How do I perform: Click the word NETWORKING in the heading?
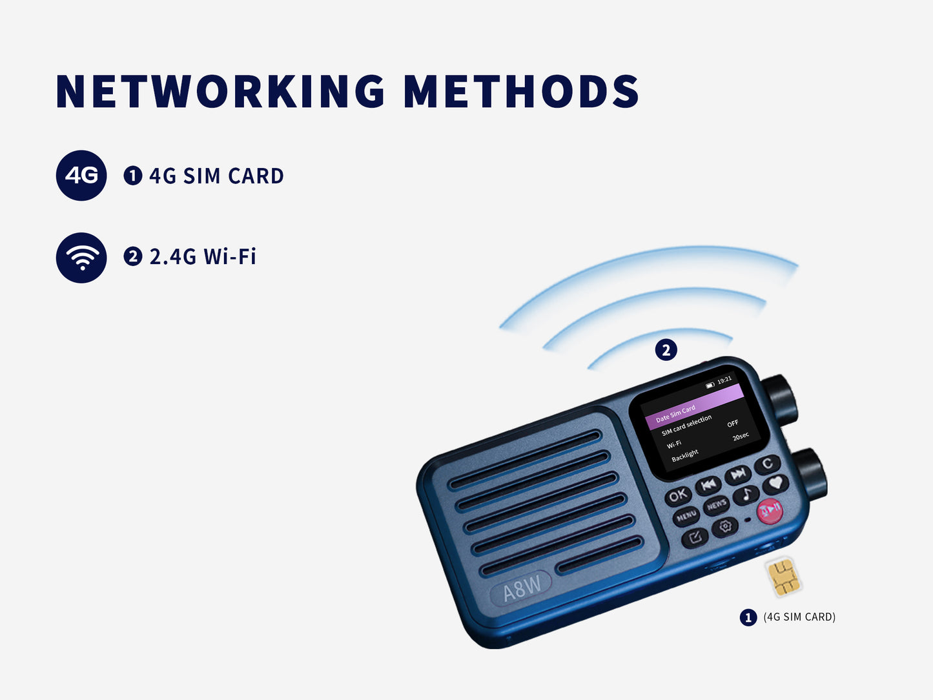tap(220, 91)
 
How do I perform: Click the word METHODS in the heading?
tap(521, 91)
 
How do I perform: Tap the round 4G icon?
tap(81, 176)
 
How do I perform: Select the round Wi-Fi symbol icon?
tap(81, 258)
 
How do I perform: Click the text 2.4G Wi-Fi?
tap(203, 257)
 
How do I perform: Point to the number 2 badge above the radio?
tap(666, 350)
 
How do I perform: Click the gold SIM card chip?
tap(783, 576)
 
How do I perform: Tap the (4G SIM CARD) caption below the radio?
tap(799, 617)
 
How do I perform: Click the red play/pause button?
tap(770, 510)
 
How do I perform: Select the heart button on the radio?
tap(775, 483)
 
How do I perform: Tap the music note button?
tap(746, 495)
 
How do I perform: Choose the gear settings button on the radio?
tap(725, 526)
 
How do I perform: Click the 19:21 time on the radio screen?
tap(724, 380)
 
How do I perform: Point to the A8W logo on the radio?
tap(522, 588)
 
